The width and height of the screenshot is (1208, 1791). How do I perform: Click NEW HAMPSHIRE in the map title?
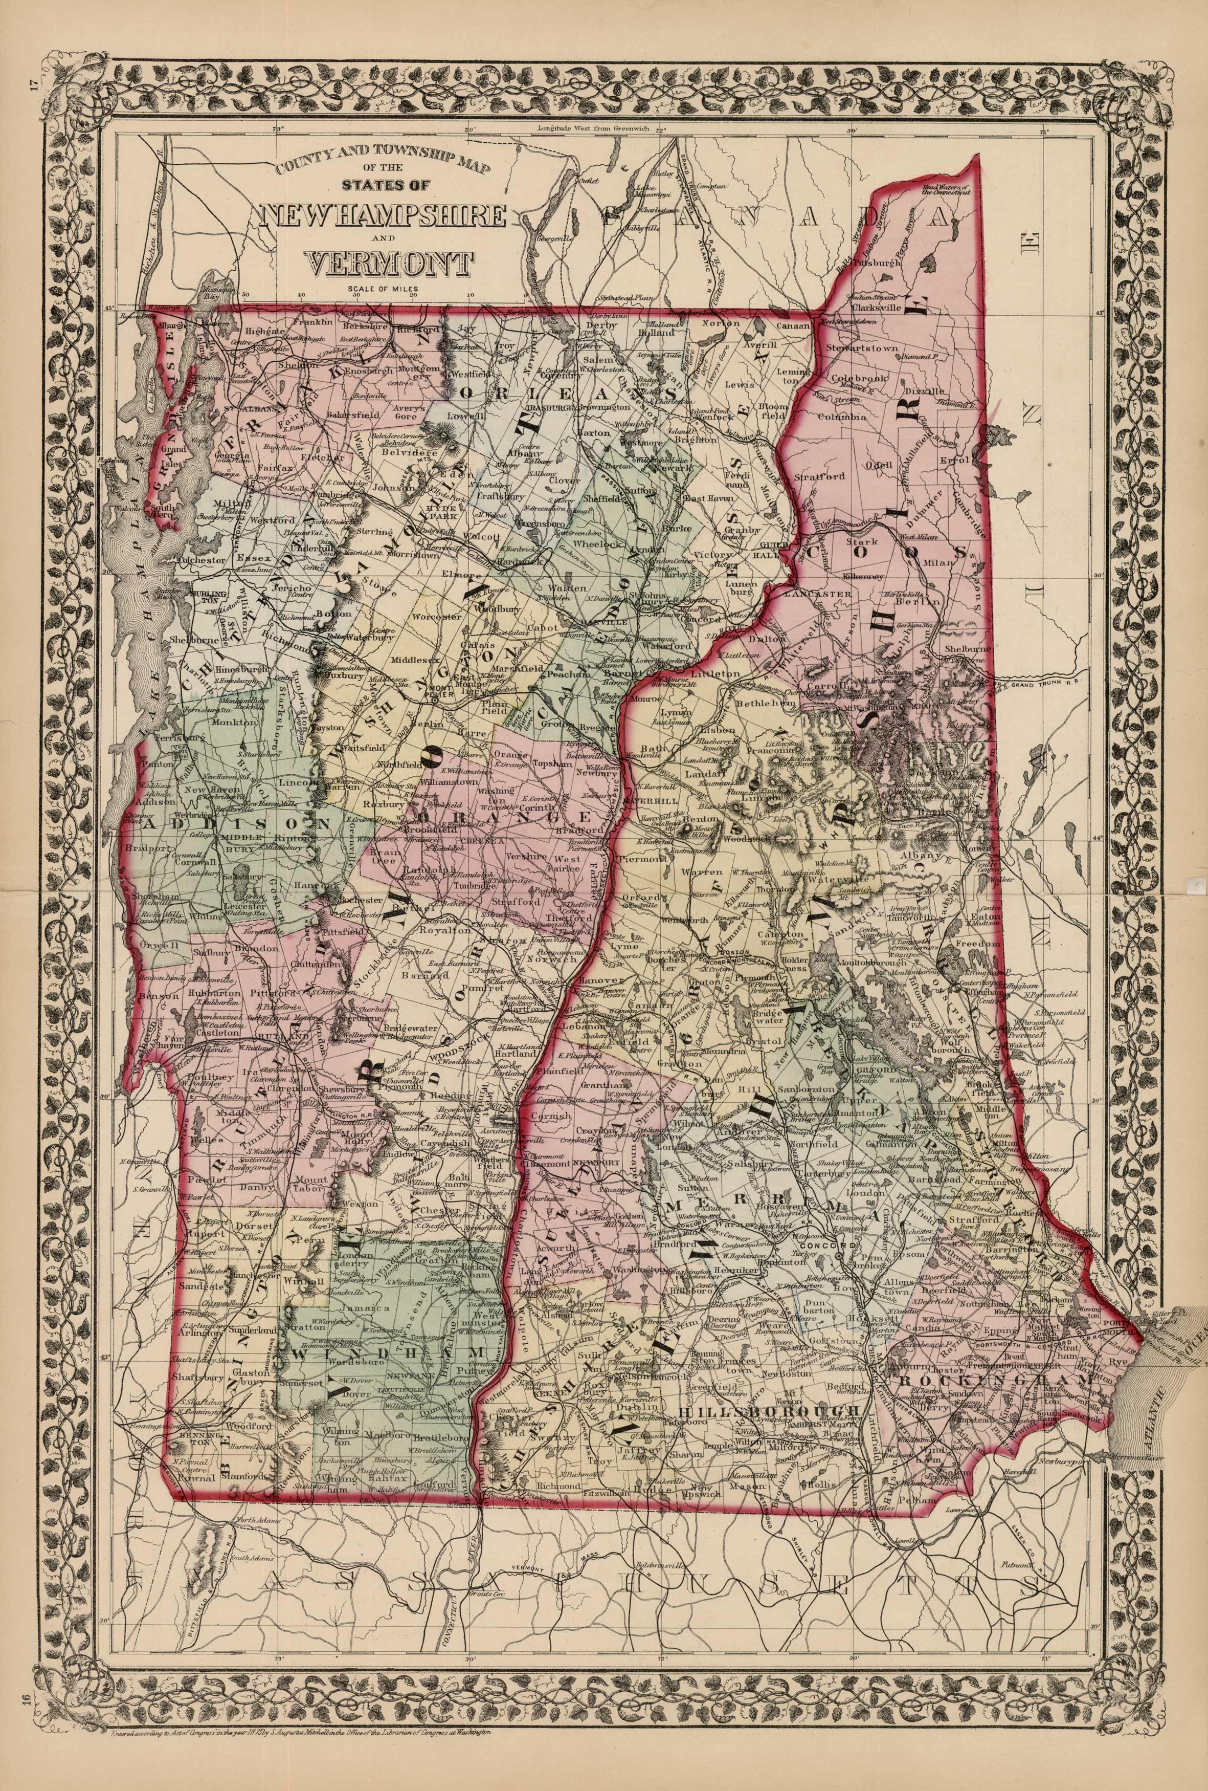pyautogui.click(x=383, y=216)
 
